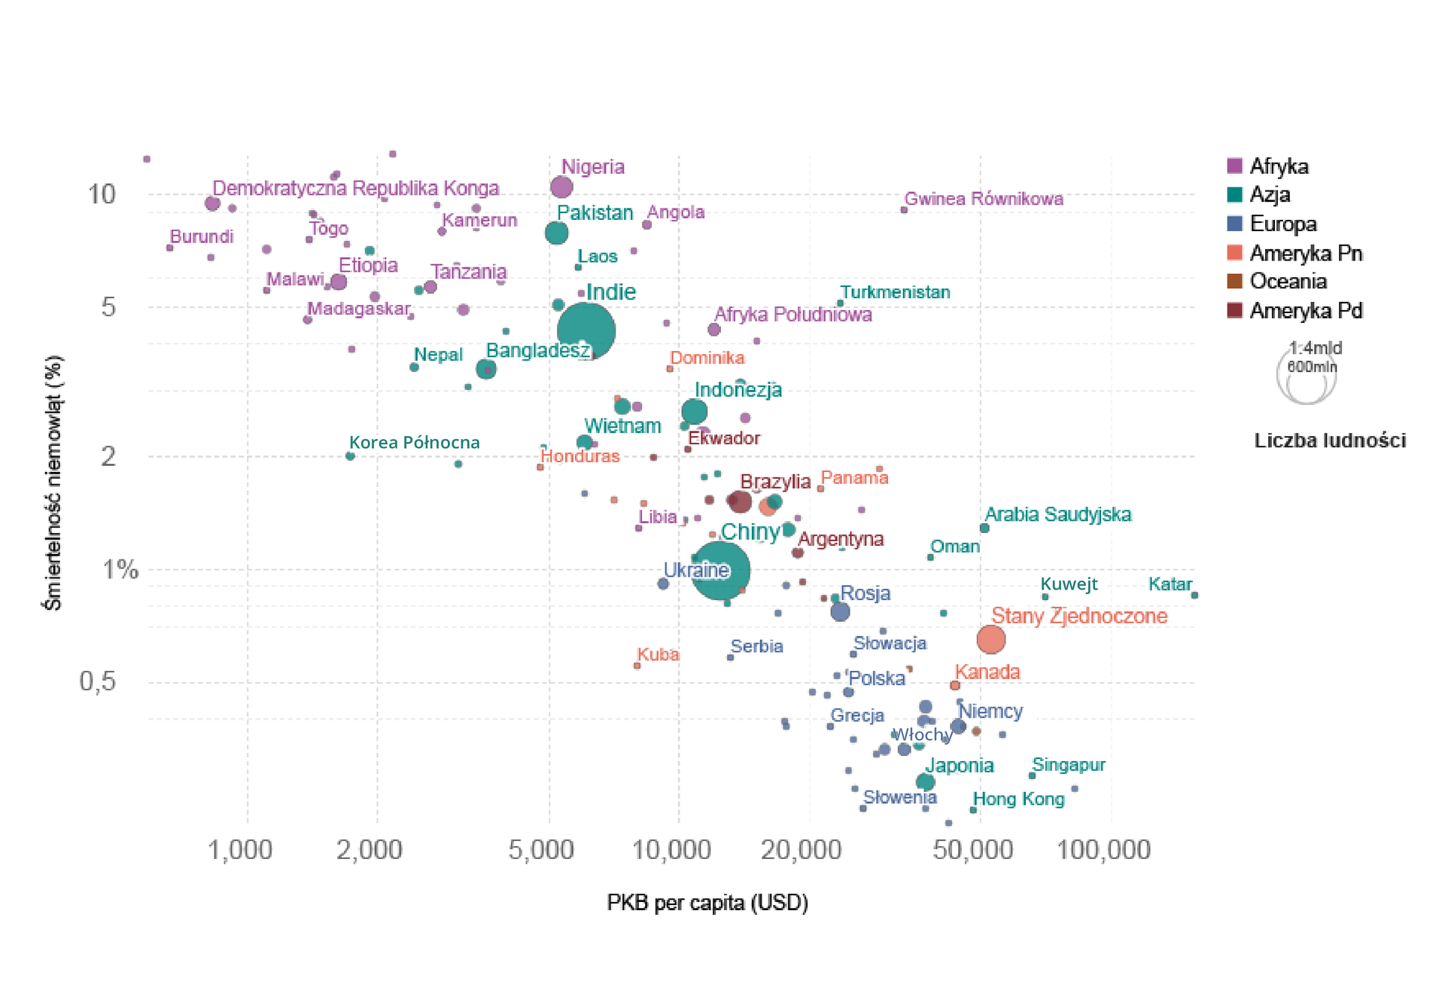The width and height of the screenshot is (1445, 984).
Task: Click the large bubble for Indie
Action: coord(586,331)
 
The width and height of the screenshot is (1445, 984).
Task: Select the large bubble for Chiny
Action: coord(720,570)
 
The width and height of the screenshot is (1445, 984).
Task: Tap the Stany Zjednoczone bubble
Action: coord(991,639)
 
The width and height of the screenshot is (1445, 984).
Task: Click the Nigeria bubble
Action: coord(561,187)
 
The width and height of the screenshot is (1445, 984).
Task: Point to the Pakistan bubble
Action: coord(556,233)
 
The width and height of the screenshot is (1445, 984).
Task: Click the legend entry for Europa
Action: coord(1282,224)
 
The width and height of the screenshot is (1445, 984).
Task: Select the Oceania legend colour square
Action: coord(1234,282)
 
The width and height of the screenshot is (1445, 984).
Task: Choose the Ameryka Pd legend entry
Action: coord(1305,310)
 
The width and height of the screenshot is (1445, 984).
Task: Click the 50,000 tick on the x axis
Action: coord(972,850)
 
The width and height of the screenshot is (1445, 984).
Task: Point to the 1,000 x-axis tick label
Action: coord(239,850)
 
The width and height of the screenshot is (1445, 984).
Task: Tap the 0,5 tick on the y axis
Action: coord(98,681)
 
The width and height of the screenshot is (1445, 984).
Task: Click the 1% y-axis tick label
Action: coord(120,570)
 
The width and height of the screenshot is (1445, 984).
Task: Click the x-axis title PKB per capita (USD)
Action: coord(707,902)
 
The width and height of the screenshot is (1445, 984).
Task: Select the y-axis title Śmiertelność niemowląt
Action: coord(53,483)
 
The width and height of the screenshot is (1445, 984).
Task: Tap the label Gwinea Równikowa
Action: coord(983,199)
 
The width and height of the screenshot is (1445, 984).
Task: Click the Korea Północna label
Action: coord(414,442)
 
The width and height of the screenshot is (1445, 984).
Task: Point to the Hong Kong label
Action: coord(1018,799)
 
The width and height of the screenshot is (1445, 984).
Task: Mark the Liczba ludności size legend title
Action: coord(1329,440)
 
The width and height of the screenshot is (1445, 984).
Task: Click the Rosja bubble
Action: coord(840,611)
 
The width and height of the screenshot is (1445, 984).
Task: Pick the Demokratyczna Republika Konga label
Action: coord(355,187)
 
